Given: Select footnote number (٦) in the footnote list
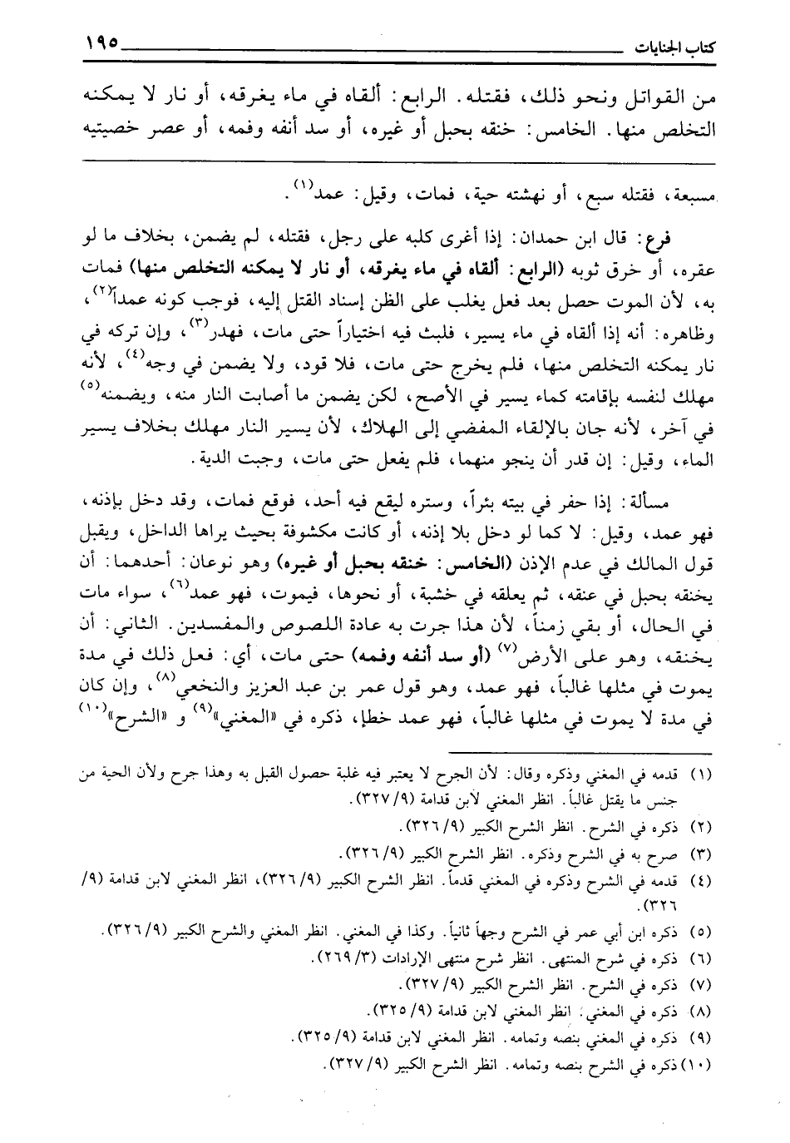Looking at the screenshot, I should point(700,959).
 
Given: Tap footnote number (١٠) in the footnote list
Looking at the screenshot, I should point(698,1062).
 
